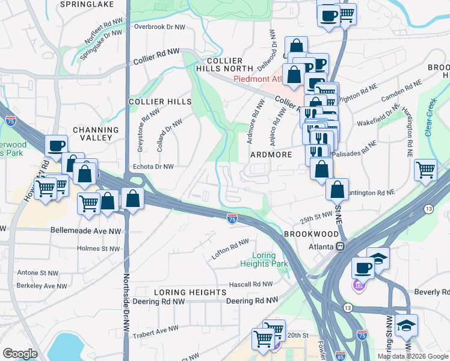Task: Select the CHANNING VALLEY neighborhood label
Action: [x=96, y=134]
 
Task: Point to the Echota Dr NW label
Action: [x=152, y=167]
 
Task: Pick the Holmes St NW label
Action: [x=99, y=248]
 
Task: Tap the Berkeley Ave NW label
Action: [x=42, y=286]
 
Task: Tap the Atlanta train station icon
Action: [x=340, y=246]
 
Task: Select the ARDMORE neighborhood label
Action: [x=271, y=155]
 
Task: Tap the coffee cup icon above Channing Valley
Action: [x=57, y=145]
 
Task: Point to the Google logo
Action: [x=20, y=353]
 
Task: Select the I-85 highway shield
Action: [x=340, y=355]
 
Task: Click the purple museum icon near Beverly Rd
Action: [x=359, y=285]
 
